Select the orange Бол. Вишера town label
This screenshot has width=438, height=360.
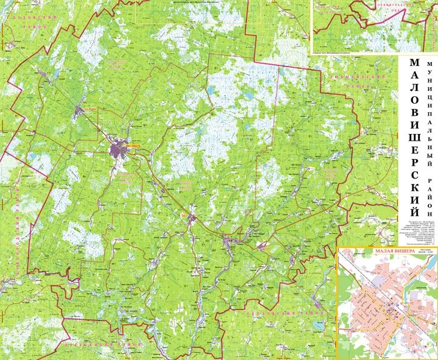pyautogui.click(x=91, y=108)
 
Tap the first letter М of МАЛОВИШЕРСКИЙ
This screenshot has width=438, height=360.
pyautogui.click(x=414, y=63)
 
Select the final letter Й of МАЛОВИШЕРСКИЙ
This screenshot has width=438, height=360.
pyautogui.click(x=414, y=211)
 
